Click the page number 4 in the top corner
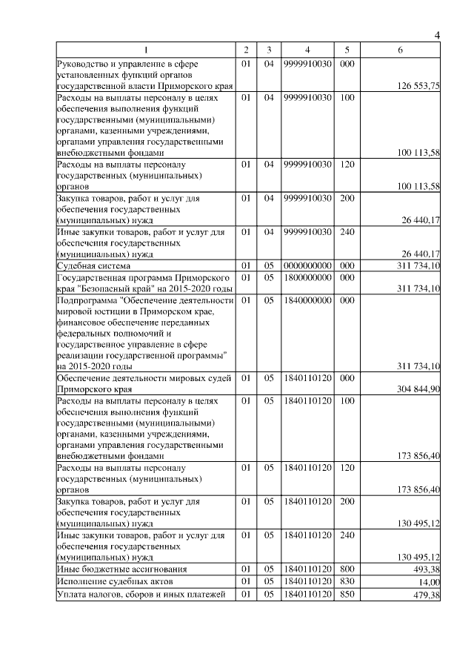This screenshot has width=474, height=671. [437, 36]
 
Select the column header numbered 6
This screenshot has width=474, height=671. [400, 50]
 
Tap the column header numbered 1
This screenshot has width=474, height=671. [145, 50]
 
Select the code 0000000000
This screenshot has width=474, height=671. [307, 265]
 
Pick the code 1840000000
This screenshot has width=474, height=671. [307, 301]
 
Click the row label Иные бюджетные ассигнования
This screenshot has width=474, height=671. [111, 569]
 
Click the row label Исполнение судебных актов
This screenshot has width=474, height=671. [108, 582]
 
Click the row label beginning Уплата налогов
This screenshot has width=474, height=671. [140, 595]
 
